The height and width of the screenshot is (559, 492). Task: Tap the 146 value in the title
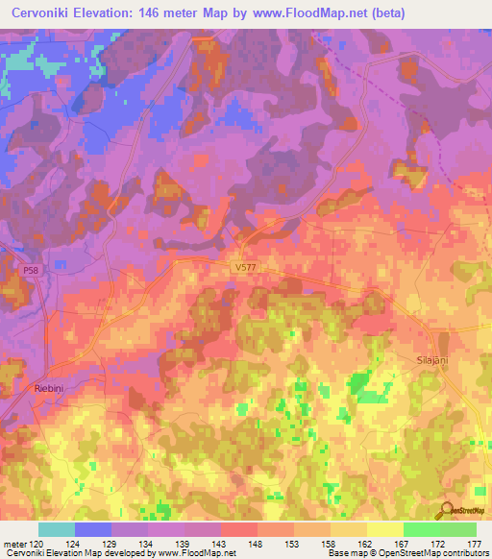tap(180, 13)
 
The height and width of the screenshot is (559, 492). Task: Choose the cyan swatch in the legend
tap(57, 529)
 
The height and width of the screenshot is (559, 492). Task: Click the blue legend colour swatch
tap(93, 529)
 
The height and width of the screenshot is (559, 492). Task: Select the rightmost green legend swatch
tap(457, 529)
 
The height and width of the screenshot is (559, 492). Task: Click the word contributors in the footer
tap(464, 553)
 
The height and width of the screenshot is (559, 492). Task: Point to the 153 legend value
tap(294, 543)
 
